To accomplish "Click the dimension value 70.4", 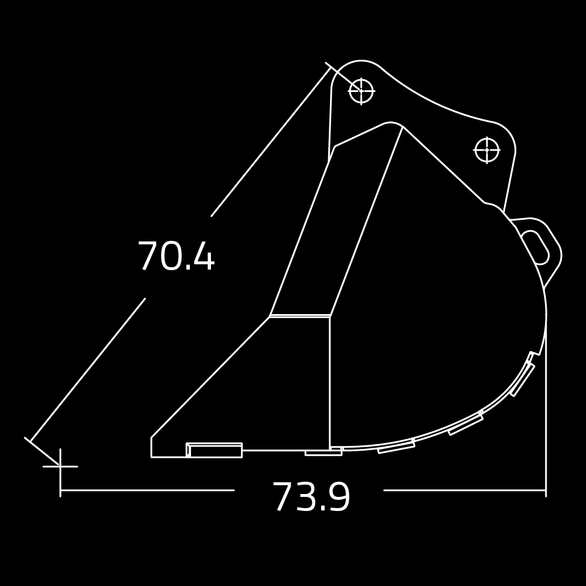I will tap(176, 257).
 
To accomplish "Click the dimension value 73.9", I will tap(311, 498).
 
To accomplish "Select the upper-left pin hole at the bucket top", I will tap(362, 91).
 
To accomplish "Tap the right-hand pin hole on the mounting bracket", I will tap(486, 150).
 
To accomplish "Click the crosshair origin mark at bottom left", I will tap(60, 466).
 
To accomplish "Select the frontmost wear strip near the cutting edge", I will tap(214, 451).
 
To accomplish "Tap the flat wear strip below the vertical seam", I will tap(323, 452).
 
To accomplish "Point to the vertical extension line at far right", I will tap(546, 410).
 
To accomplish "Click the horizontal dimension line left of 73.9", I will tap(146, 490).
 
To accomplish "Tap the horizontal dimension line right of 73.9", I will tap(463, 490).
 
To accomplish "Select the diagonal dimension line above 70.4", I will tap(270, 144).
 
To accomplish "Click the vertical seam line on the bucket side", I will tap(330, 381).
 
